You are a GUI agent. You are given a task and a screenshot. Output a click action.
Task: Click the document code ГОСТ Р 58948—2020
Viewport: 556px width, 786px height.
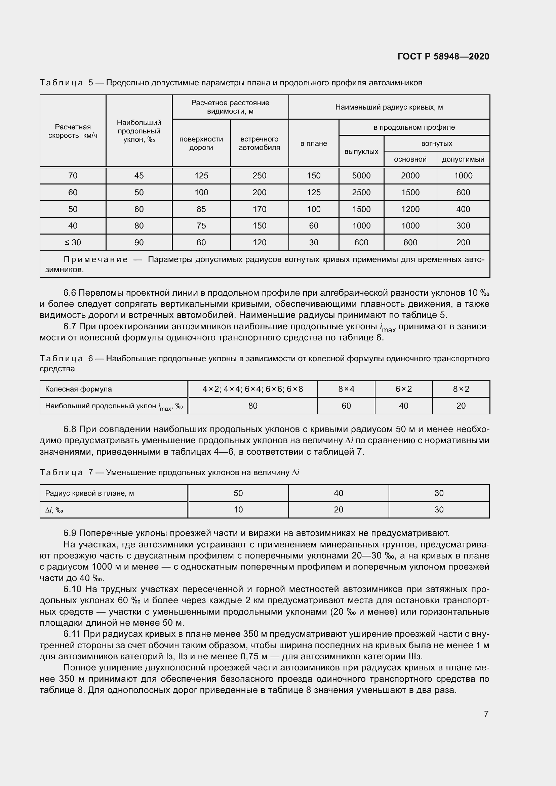coord(443,56)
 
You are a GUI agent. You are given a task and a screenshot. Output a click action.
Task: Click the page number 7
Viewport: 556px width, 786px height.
coord(486,714)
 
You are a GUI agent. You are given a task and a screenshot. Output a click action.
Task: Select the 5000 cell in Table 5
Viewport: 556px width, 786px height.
coord(361,176)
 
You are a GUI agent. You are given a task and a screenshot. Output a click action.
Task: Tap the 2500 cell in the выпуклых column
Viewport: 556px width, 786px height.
coord(361,193)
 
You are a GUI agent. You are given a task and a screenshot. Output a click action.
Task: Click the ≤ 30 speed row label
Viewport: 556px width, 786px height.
coord(73,242)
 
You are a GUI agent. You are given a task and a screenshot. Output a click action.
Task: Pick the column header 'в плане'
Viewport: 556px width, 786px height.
coord(314,143)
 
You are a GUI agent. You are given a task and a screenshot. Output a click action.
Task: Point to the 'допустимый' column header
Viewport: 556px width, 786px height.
coord(463,159)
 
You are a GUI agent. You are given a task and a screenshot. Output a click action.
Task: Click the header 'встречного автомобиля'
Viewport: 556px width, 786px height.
coord(259,143)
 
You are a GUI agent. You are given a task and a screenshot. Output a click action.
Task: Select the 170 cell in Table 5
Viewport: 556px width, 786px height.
coord(259,209)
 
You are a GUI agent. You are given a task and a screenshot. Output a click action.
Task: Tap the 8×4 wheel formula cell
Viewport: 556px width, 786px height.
coord(346,389)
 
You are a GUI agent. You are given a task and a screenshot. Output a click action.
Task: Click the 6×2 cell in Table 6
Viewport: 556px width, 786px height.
coord(403,389)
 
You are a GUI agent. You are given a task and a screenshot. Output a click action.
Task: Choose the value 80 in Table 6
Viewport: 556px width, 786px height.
coord(253,406)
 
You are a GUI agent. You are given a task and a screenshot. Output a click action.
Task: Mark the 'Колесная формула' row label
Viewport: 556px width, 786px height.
coord(78,389)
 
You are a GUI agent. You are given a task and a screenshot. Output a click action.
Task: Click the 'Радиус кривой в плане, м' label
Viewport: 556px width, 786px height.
coord(89,493)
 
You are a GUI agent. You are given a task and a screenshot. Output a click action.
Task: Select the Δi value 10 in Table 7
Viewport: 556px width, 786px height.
coord(238,510)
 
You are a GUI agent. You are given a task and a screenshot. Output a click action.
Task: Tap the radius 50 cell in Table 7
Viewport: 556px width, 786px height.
coord(238,493)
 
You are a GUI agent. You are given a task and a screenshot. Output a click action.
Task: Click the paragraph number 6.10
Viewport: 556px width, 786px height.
coord(72,589)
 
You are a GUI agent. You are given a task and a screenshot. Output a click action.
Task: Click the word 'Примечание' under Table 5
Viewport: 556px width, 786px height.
coord(95,259)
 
